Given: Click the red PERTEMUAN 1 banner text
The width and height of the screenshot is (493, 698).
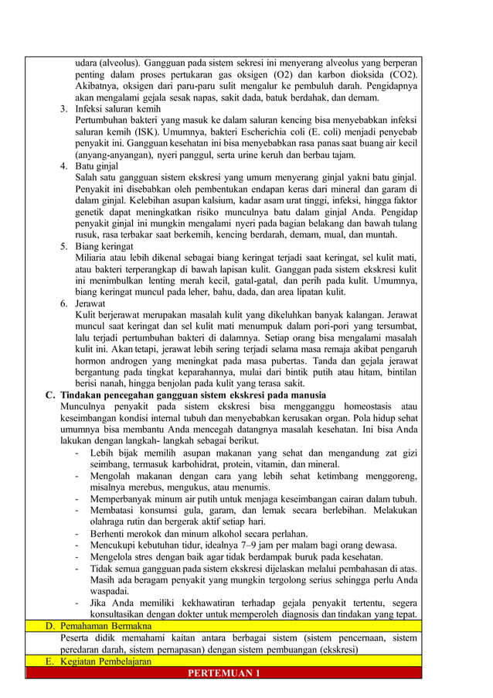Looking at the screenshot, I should [224, 672].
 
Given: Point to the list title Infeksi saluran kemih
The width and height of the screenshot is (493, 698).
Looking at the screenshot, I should [117, 109].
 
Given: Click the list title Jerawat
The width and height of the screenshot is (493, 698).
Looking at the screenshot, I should [91, 304].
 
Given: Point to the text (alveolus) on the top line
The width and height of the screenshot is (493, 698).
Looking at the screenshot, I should [119, 63].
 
